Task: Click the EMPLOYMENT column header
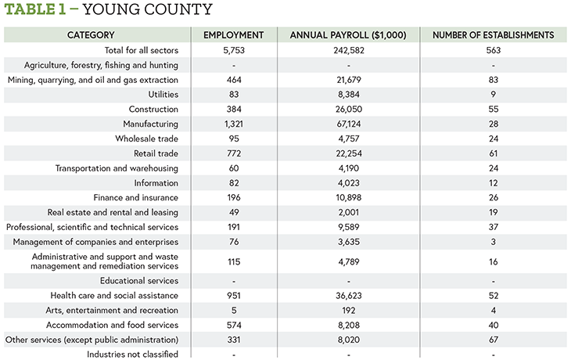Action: [x=233, y=35]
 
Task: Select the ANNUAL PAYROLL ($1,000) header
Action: [x=348, y=35]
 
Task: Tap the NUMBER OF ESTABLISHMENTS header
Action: [x=493, y=35]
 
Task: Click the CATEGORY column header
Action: [x=91, y=35]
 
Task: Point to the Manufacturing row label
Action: [x=150, y=124]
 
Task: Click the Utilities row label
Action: [x=163, y=95]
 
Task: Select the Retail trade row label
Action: [x=156, y=153]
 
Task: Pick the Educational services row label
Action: [x=139, y=281]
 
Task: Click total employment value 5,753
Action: [x=234, y=50]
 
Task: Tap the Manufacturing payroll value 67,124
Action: [x=349, y=124]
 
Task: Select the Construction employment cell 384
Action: [x=234, y=110]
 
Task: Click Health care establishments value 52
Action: [x=494, y=296]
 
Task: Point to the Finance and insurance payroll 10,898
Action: [x=349, y=197]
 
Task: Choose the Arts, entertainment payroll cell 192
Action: [x=349, y=311]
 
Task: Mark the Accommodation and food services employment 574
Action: [x=234, y=325]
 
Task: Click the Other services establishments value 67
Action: [x=494, y=340]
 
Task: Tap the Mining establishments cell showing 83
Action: [x=494, y=80]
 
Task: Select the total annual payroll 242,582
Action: [x=349, y=50]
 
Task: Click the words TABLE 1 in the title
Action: [x=35, y=9]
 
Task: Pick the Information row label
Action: [x=156, y=183]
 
